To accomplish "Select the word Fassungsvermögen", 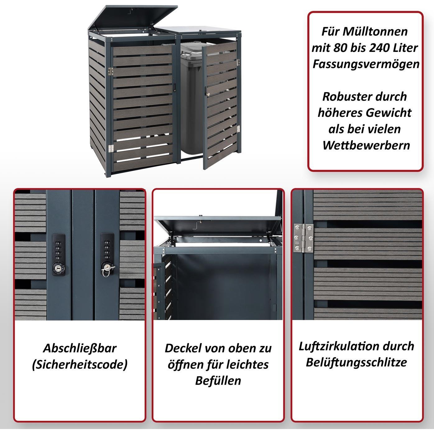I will [x=366, y=64].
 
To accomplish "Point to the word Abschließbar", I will [x=80, y=348].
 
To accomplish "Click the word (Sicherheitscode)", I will [x=80, y=364].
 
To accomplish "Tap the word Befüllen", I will [x=218, y=381].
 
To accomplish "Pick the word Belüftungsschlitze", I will [x=356, y=362].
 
